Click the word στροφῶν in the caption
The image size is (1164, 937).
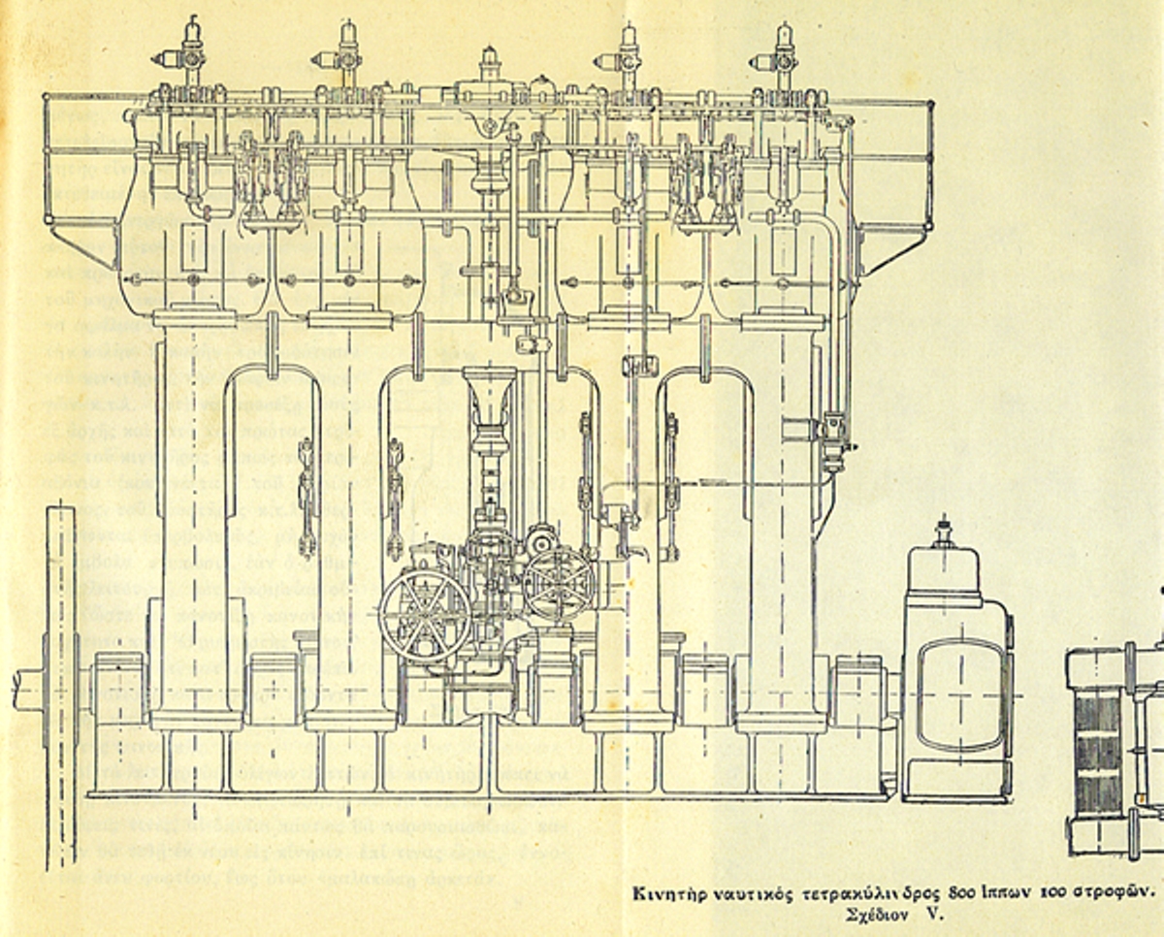[1116, 892]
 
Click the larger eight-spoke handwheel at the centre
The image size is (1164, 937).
[425, 614]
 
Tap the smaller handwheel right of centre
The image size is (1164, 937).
[560, 584]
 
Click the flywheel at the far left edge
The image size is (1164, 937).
[60, 679]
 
